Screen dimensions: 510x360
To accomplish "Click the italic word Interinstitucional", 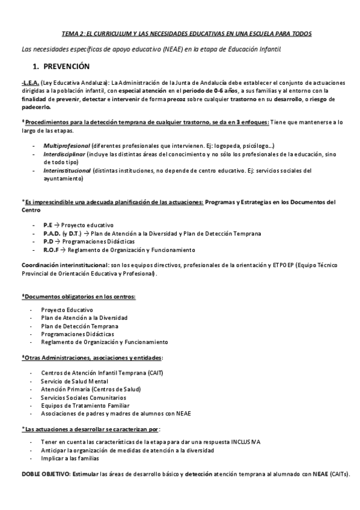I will point(68,170).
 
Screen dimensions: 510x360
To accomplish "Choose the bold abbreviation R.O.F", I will point(53,250).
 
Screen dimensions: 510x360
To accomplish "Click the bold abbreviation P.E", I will point(48,224).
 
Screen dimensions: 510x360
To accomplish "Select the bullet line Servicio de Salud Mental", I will point(75,381).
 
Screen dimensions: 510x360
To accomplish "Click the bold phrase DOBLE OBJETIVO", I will point(44,475).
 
